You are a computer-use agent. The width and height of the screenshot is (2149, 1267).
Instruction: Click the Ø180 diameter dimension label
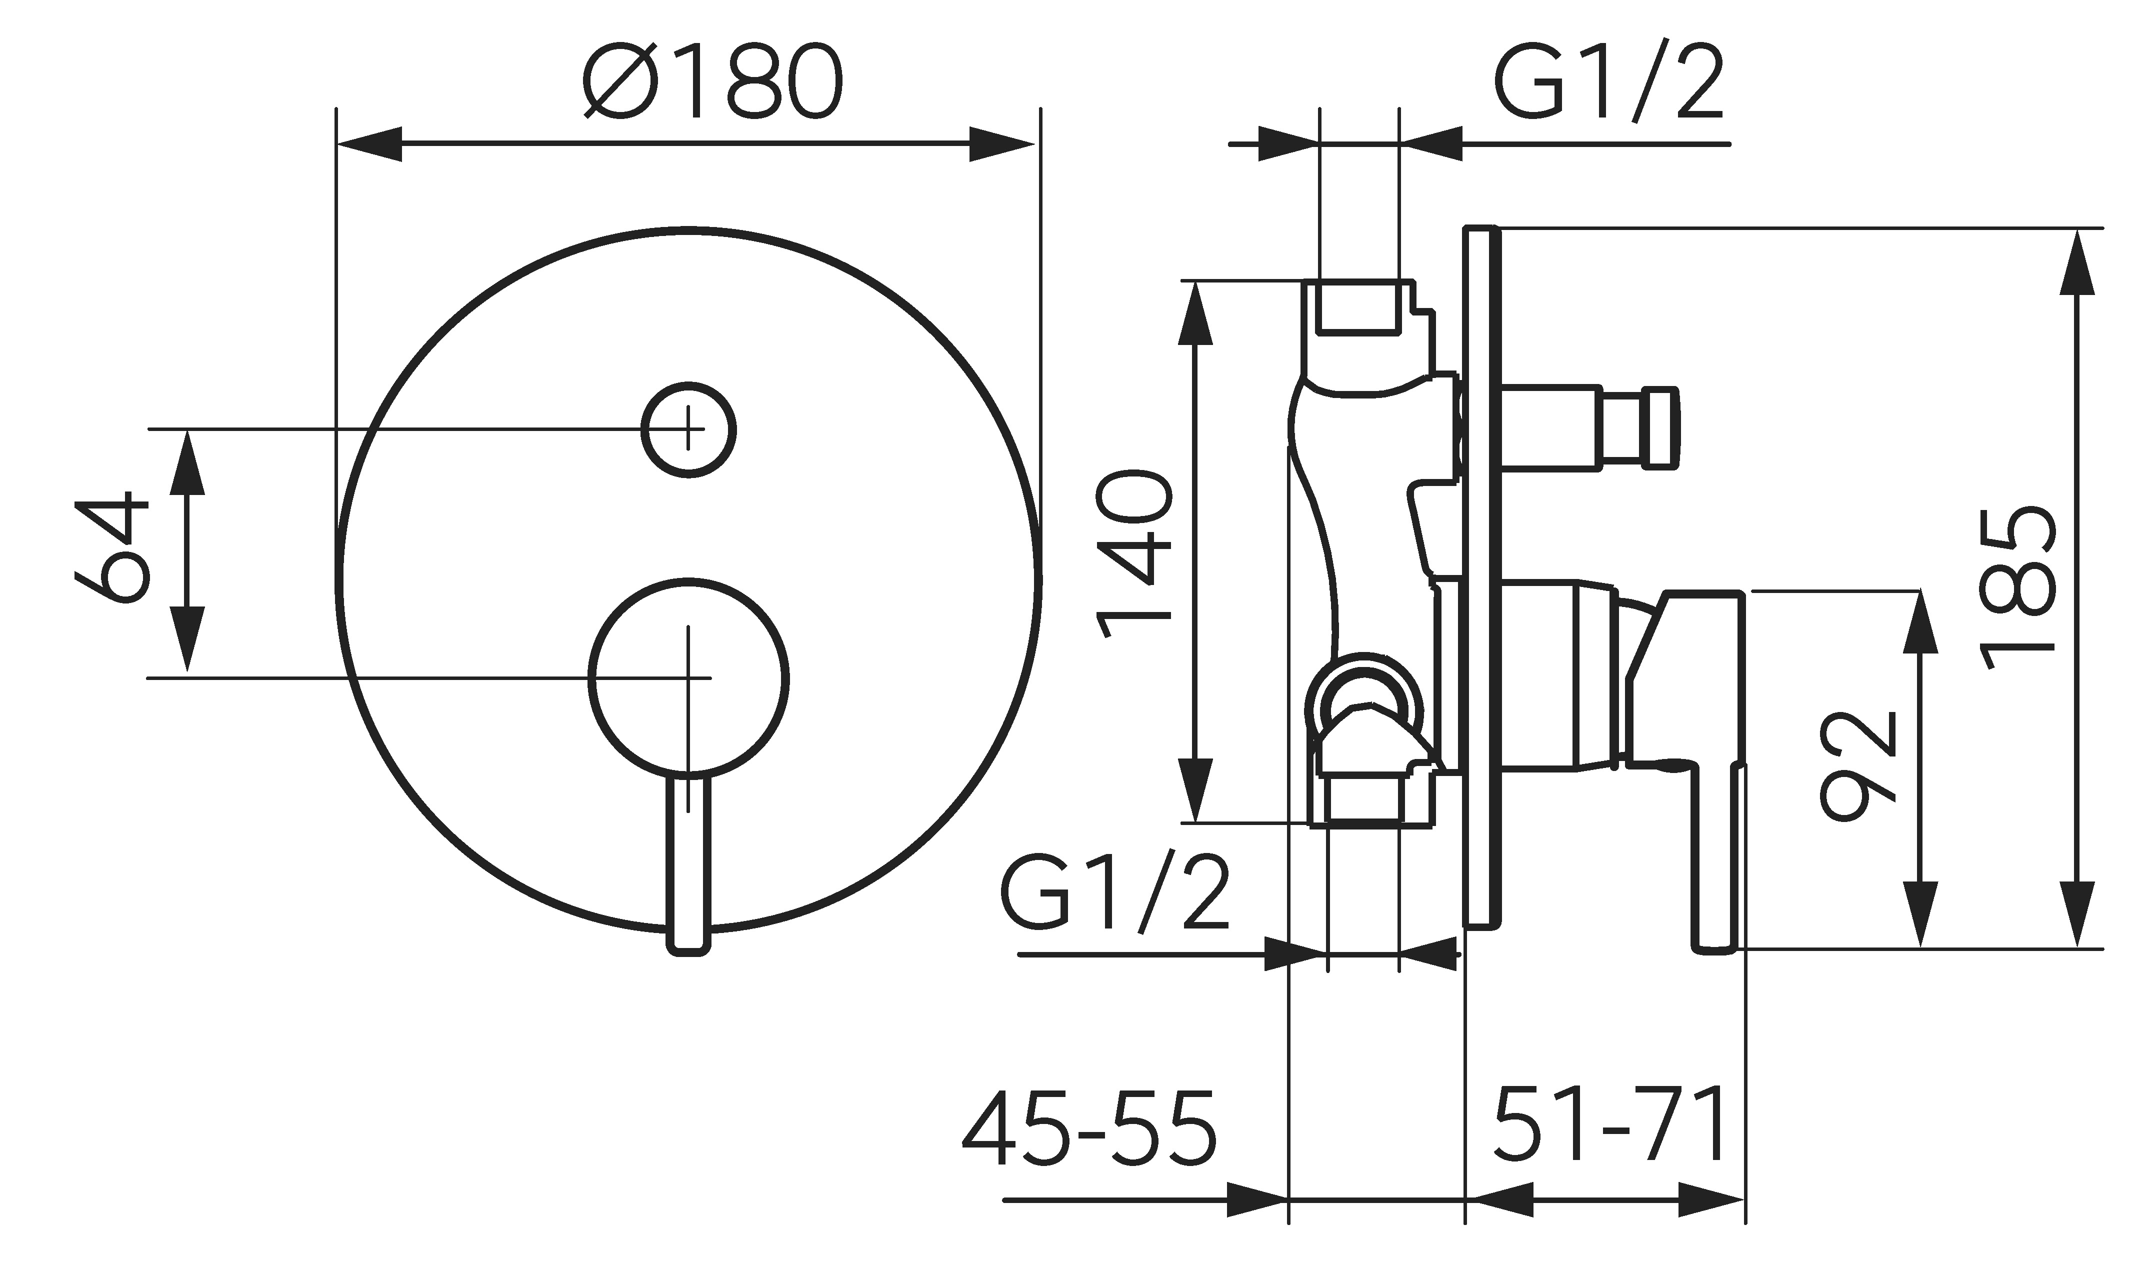pyautogui.click(x=713, y=80)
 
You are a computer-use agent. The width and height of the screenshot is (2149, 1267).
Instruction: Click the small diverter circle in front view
pyautogui.click(x=688, y=429)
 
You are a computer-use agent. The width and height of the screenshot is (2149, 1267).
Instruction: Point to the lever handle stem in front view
pyautogui.click(x=688, y=862)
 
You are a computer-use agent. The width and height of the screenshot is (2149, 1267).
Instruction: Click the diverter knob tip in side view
pyautogui.click(x=1660, y=427)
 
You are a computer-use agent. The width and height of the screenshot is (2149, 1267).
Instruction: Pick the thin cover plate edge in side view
pyautogui.click(x=1481, y=576)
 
